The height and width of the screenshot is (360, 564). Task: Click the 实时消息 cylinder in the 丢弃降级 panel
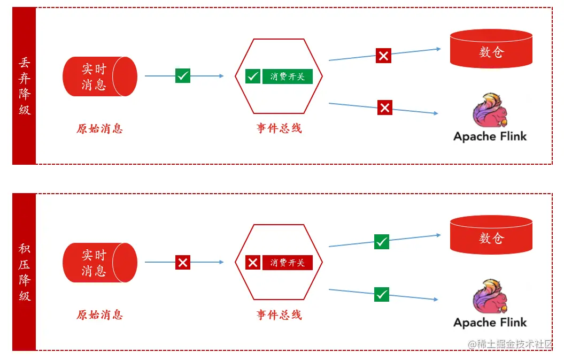point(99,76)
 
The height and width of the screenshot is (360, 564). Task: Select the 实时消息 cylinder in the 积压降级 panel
point(99,263)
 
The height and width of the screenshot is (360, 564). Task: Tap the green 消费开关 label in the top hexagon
point(287,76)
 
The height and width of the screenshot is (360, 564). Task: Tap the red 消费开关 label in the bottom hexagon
point(287,263)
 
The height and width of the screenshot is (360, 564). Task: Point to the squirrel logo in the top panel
point(489,111)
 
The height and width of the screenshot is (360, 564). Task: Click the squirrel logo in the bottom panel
point(489,297)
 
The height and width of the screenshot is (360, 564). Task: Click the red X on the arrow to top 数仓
point(383,56)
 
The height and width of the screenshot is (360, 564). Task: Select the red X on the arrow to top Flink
point(385,108)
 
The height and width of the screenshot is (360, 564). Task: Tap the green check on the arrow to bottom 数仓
point(382,242)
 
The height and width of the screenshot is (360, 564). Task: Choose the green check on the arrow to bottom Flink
point(382,294)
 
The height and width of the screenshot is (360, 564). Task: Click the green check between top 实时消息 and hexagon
point(183,76)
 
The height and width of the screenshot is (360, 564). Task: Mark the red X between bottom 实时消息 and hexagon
point(183,262)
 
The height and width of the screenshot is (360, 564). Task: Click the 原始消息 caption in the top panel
point(99,129)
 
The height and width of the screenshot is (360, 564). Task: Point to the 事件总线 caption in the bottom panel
point(279,315)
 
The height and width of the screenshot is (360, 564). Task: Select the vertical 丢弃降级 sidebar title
point(25,86)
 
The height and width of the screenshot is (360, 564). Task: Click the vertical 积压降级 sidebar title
point(25,272)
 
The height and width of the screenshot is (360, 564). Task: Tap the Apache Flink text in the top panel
point(490,136)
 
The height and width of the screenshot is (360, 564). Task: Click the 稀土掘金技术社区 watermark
point(511,344)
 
